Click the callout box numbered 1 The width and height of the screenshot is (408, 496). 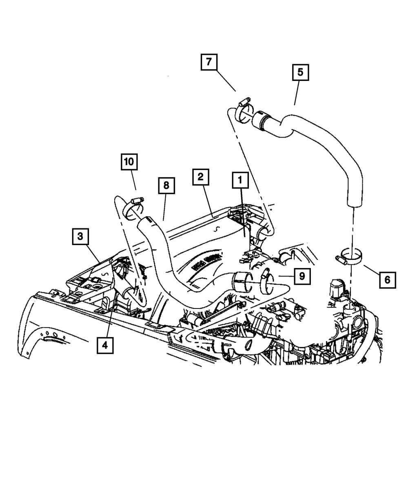(x=240, y=179)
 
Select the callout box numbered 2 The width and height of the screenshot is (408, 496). (x=201, y=178)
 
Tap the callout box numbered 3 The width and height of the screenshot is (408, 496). (x=80, y=236)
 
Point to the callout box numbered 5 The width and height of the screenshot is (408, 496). (x=300, y=73)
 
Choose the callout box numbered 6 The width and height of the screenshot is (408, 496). (x=387, y=280)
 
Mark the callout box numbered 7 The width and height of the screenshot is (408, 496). (x=208, y=62)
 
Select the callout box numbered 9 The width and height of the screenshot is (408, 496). (x=302, y=276)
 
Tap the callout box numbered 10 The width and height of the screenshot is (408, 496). (x=129, y=162)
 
